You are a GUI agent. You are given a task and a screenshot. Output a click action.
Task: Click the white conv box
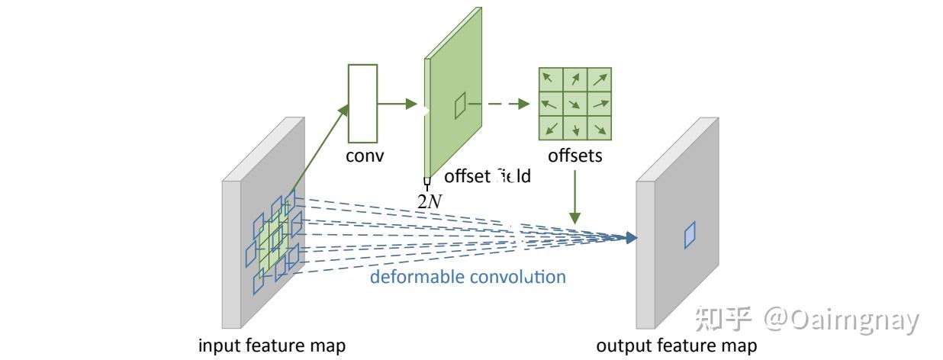[x=362, y=104]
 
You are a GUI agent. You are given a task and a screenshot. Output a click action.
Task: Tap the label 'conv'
[x=365, y=156]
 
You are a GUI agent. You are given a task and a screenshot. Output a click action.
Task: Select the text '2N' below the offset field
[x=429, y=201]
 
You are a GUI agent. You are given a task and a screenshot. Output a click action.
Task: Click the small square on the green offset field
[x=460, y=106]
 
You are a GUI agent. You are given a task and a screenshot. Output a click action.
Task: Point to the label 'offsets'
[x=575, y=156]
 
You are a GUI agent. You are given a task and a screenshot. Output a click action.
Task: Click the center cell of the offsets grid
[x=575, y=103]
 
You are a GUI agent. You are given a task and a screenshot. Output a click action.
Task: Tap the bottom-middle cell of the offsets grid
[x=575, y=127]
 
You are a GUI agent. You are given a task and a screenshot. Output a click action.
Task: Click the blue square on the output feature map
[x=690, y=234]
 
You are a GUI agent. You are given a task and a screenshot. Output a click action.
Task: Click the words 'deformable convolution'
[x=468, y=276]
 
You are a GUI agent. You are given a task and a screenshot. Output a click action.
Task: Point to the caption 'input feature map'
[x=272, y=346]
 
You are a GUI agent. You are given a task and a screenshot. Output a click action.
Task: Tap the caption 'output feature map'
[x=676, y=346]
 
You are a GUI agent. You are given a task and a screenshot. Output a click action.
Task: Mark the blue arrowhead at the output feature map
[x=629, y=238]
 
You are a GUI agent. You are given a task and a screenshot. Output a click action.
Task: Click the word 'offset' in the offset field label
[x=467, y=177]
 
